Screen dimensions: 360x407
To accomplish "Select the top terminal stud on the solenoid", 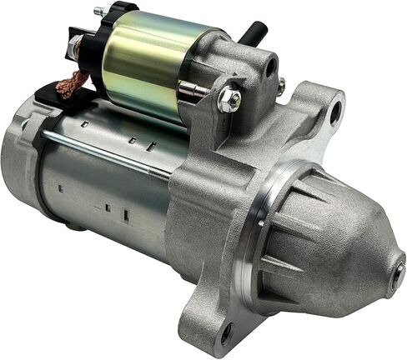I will click(x=99, y=12).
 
